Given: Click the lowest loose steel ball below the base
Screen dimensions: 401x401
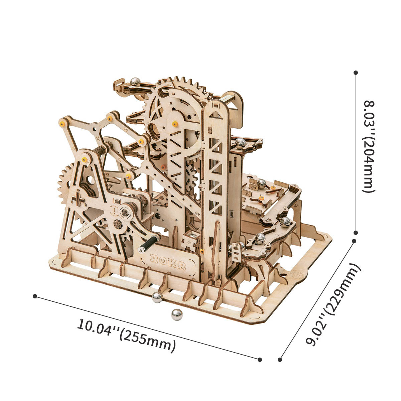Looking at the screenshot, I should coord(177,314).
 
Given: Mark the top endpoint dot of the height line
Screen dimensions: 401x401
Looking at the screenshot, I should coord(356,72).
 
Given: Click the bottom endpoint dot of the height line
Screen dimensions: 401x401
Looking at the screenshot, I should coord(356,232).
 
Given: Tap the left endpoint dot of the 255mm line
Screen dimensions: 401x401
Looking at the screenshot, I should coord(35,296).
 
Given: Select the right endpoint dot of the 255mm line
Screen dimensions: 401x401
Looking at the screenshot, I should coord(260,360).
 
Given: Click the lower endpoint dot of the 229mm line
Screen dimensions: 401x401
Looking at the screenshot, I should coord(280,360).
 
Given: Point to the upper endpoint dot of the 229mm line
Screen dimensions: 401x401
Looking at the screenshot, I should coord(354,241).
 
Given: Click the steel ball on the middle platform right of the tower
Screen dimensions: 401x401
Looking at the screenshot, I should coord(240,143).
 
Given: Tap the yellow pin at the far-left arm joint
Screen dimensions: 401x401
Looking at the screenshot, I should coord(62,123).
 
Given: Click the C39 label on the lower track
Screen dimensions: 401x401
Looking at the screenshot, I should coord(237,246).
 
